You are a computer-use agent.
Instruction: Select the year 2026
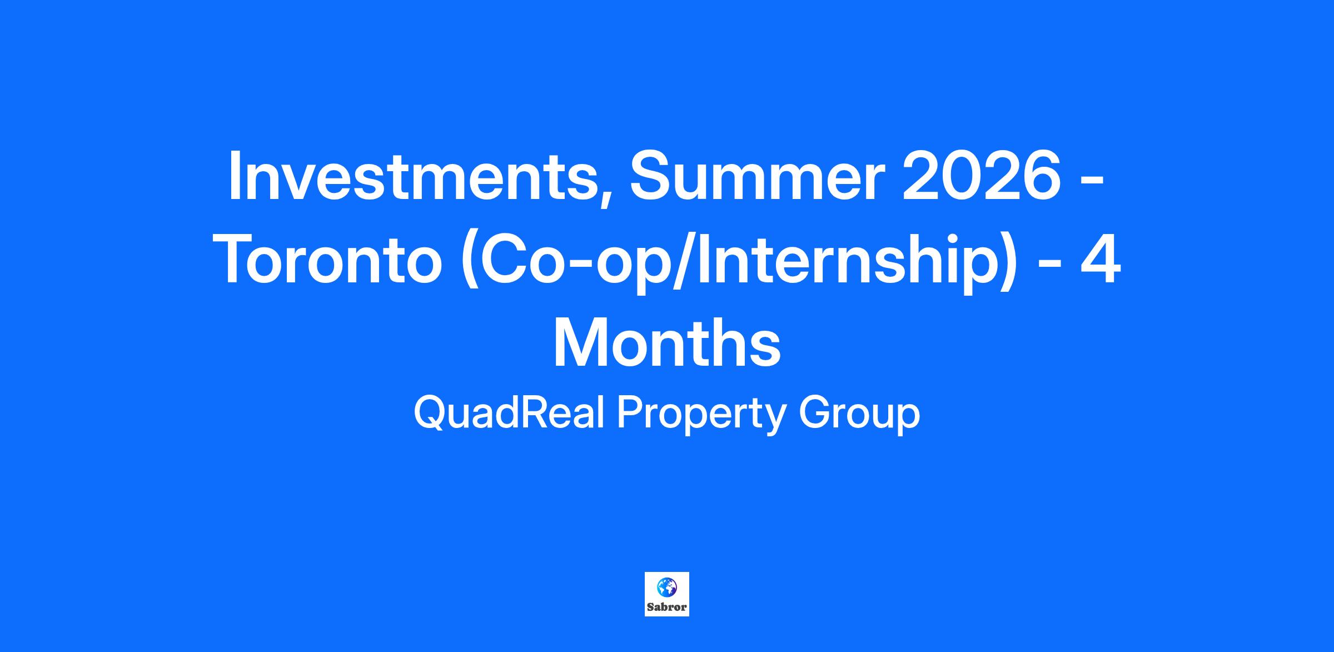[982, 175]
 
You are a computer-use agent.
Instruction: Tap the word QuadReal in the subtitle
[509, 414]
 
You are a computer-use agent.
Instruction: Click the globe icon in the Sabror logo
[667, 587]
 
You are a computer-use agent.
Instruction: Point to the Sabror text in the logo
[667, 607]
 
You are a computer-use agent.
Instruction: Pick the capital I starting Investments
[235, 176]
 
